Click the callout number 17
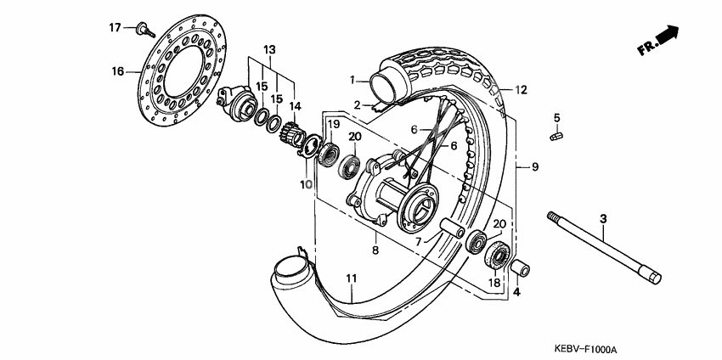click(x=116, y=27)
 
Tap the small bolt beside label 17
click(x=143, y=31)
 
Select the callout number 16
click(x=118, y=71)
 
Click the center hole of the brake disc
click(x=186, y=69)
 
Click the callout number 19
click(x=334, y=125)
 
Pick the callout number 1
click(x=351, y=81)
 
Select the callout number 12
click(x=521, y=89)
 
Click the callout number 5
click(x=557, y=117)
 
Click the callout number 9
click(x=535, y=167)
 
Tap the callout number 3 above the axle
click(x=603, y=220)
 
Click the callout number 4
click(x=516, y=294)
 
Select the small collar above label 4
click(x=518, y=270)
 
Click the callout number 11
click(x=350, y=278)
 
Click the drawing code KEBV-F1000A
click(x=586, y=349)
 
